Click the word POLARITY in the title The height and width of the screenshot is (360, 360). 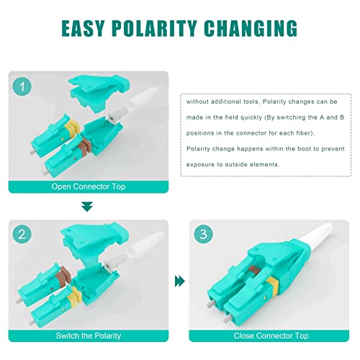[x=155, y=28]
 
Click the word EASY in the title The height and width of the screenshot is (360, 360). [x=83, y=28]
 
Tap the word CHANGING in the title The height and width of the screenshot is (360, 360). [x=251, y=28]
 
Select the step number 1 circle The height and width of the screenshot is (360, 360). [x=22, y=86]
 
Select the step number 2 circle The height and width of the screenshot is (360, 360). [x=22, y=234]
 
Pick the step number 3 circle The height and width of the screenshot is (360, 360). [x=203, y=234]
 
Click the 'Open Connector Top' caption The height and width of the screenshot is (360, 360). [x=89, y=186]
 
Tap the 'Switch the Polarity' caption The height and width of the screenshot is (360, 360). [x=89, y=336]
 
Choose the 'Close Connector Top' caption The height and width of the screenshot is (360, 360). [x=271, y=336]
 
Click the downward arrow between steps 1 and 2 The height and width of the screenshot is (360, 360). [x=87, y=207]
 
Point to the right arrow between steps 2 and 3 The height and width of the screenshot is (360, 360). [x=180, y=282]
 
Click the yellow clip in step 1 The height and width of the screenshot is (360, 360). [x=71, y=128]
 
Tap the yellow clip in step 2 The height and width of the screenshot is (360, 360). [x=74, y=297]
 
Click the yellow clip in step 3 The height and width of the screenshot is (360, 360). [x=272, y=284]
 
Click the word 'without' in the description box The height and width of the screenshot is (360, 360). [x=197, y=102]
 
